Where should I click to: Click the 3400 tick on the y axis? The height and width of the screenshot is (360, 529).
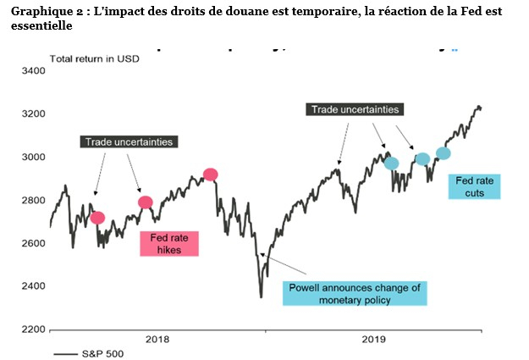click(x=32, y=70)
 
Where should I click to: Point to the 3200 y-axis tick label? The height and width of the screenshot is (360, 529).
click(x=32, y=114)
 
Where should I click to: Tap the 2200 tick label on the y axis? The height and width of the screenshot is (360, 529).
click(x=32, y=329)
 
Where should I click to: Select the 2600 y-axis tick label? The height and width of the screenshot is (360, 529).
click(x=32, y=243)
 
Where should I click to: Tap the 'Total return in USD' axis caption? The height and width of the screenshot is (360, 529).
click(x=94, y=58)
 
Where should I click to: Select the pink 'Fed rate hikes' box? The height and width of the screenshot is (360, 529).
click(x=168, y=243)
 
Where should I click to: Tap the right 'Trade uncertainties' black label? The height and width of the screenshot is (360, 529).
click(x=355, y=109)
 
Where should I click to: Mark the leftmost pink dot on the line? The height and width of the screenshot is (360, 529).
click(x=97, y=218)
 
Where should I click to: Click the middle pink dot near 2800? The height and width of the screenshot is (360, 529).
click(x=146, y=202)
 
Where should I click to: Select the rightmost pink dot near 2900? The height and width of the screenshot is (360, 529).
click(x=211, y=174)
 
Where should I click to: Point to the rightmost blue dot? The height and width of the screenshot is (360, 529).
click(x=444, y=153)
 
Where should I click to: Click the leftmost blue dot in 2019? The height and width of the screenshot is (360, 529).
click(x=391, y=163)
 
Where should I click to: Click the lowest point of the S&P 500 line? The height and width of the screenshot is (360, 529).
click(x=261, y=296)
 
